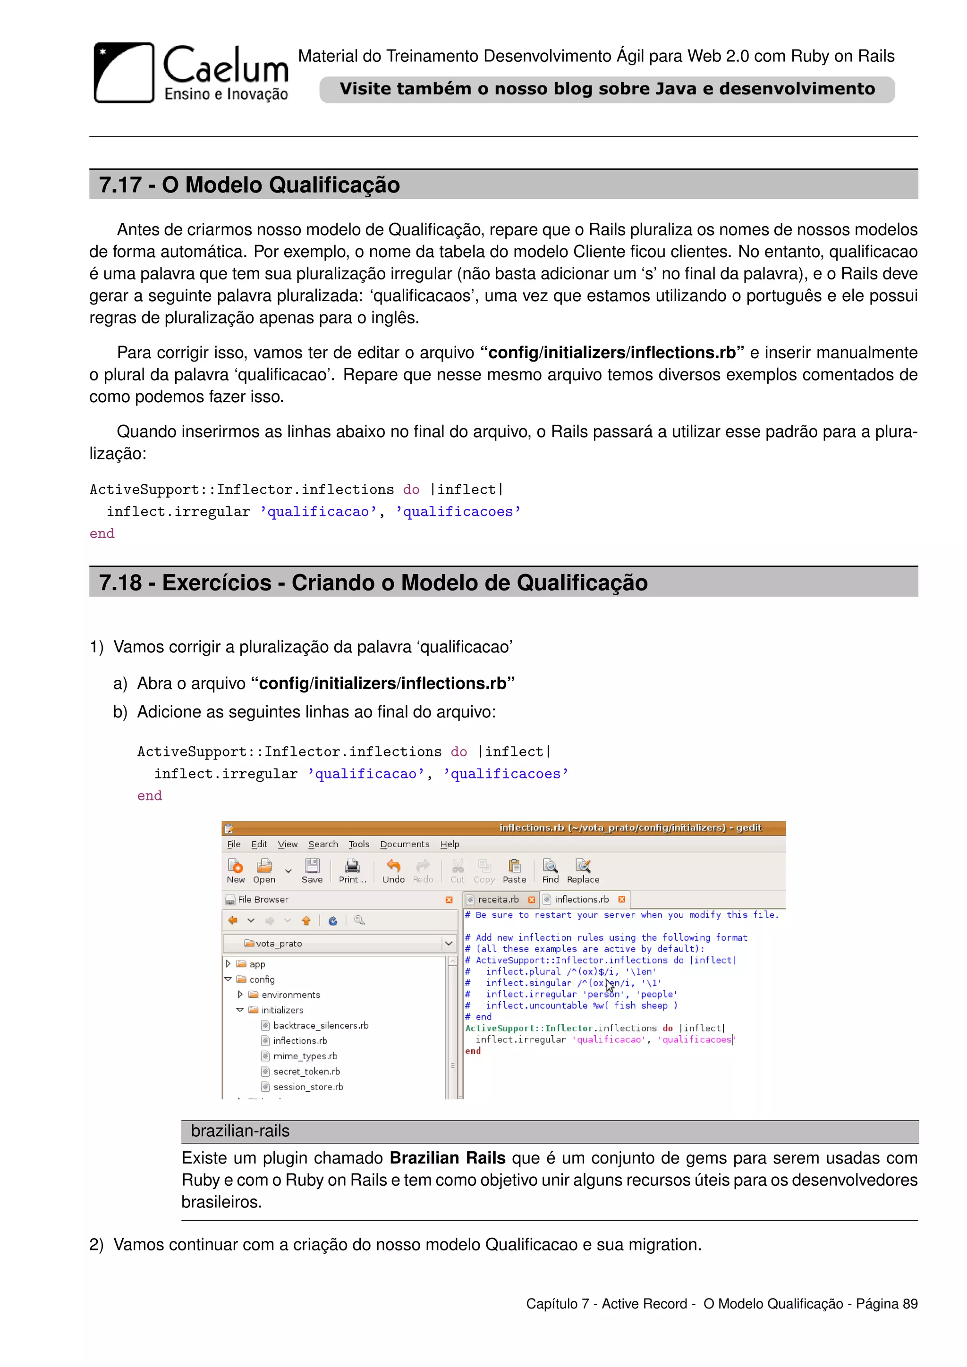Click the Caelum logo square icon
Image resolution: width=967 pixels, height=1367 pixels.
(124, 73)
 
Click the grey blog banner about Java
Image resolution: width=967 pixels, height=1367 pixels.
(607, 89)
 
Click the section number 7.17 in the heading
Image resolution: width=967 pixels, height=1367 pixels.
(120, 185)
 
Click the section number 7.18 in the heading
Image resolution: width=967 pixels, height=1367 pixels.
(120, 583)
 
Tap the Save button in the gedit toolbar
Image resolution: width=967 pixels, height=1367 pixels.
(312, 871)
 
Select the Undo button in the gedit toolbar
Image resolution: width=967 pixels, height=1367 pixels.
(393, 871)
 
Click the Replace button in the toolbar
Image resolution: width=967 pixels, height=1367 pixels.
(583, 871)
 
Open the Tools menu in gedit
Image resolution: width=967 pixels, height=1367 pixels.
(358, 844)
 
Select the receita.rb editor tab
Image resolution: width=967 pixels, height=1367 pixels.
(498, 900)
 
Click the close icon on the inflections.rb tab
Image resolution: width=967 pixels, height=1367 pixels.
(622, 900)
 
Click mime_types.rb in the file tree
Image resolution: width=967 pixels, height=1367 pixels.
(305, 1056)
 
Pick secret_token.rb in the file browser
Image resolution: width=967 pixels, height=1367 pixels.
(306, 1072)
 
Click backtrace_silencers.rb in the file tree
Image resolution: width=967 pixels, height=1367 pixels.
(320, 1026)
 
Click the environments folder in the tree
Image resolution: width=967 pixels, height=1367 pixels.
(290, 995)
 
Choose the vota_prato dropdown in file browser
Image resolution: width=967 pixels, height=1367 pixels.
(339, 944)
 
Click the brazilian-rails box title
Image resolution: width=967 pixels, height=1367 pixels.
(240, 1131)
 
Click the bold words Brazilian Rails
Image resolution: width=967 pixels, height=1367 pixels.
(447, 1158)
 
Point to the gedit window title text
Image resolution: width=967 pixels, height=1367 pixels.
(630, 827)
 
